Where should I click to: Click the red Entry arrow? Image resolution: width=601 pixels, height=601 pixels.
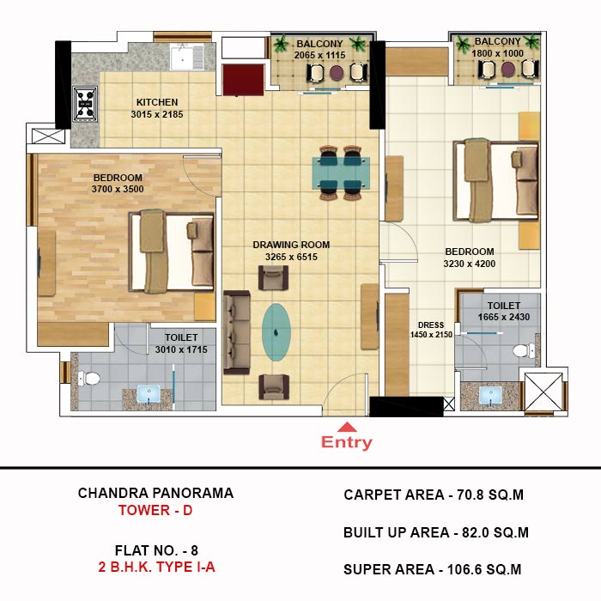[347, 427]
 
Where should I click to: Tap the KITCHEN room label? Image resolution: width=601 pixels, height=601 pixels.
[157, 102]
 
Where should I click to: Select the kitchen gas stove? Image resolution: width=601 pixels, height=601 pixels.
[86, 104]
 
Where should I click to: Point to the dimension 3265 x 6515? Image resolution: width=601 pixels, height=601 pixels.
[291, 257]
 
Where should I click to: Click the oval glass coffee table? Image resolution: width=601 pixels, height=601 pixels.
[276, 332]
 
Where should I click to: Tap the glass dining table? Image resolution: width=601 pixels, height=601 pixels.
[341, 173]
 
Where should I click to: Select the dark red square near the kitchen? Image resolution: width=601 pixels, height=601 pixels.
[243, 80]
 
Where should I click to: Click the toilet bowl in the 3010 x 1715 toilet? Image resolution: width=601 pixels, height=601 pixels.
[89, 379]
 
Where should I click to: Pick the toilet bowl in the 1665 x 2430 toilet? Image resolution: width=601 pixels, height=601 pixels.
[524, 350]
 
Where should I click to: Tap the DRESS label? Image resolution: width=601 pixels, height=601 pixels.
[431, 325]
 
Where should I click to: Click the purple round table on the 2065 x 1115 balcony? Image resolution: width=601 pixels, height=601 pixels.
[337, 72]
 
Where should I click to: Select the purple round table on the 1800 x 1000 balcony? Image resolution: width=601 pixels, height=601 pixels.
[508, 70]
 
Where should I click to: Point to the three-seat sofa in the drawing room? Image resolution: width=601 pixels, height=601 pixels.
[237, 332]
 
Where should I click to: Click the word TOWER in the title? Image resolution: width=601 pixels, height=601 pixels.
[144, 511]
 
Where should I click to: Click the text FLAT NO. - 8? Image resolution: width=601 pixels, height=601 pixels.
[156, 550]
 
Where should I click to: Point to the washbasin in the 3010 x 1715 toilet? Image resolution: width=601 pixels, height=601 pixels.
[149, 395]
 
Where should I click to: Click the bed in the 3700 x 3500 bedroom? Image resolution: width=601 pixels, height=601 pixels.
[172, 251]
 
